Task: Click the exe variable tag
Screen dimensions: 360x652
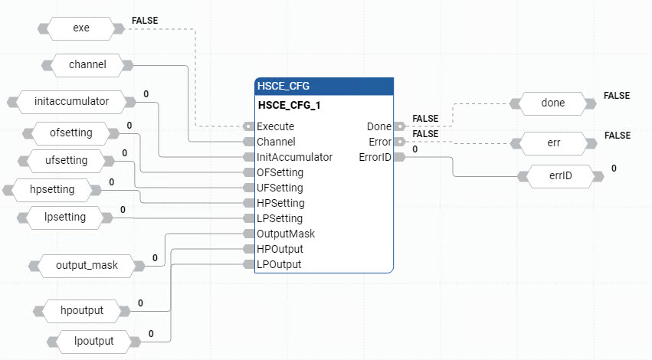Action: tap(80, 29)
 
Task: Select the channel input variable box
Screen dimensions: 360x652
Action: tap(87, 65)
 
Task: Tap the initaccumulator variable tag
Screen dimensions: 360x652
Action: tap(71, 101)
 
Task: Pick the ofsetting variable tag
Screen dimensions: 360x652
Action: tap(70, 133)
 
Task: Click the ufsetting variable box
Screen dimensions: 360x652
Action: tap(66, 161)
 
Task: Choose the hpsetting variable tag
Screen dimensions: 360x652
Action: tap(56, 189)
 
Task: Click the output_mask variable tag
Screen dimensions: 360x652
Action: tap(87, 266)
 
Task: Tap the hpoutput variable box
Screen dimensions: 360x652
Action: tap(81, 310)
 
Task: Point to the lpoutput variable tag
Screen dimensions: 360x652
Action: tap(87, 341)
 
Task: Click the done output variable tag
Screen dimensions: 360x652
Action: tap(552, 103)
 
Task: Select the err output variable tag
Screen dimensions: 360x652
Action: tap(552, 142)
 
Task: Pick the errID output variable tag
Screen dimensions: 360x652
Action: tap(560, 176)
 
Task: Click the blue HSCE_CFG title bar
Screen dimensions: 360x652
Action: tap(323, 86)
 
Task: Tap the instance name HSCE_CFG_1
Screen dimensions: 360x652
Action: tap(289, 106)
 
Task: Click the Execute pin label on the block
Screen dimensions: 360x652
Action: tap(275, 126)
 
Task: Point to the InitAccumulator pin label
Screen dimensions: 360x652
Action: tap(294, 157)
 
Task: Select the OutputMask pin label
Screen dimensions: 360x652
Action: tap(286, 234)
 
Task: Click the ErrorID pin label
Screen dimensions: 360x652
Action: tap(375, 157)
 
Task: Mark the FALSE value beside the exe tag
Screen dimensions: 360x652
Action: tap(145, 20)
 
